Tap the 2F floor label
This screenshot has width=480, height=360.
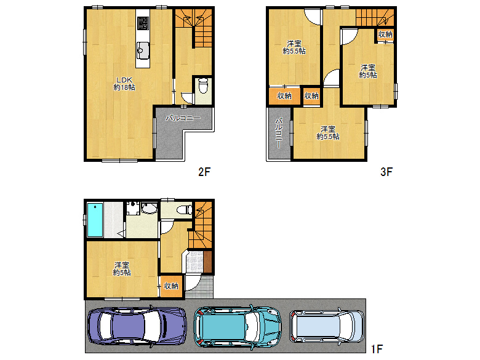click(205, 172)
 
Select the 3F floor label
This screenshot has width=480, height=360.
click(386, 172)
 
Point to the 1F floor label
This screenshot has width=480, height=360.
click(377, 349)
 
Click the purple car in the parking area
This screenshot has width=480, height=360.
click(137, 326)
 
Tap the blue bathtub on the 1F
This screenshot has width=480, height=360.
click(95, 219)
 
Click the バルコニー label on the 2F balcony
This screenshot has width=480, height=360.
click(183, 118)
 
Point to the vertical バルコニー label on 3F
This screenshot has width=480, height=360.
click(279, 133)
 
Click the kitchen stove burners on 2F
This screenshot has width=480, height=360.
click(142, 23)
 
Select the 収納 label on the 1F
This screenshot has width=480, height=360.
click(171, 286)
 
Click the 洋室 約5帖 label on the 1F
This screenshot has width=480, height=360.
click(121, 269)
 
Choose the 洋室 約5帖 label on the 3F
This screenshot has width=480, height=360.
click(368, 71)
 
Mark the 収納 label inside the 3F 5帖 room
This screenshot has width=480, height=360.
click(385, 34)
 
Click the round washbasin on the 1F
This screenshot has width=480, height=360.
click(148, 209)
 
